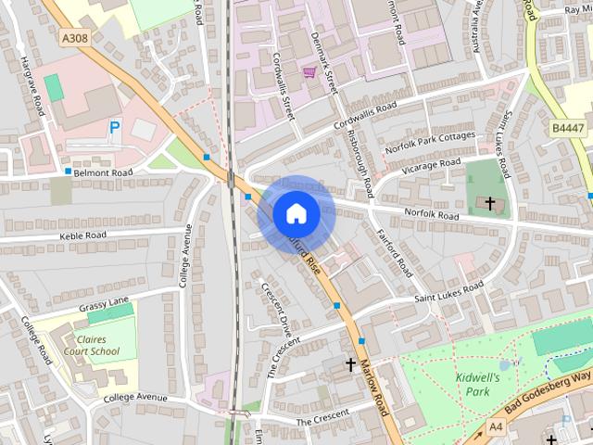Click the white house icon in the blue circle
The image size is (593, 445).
[x=296, y=213]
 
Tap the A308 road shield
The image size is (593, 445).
[x=78, y=37]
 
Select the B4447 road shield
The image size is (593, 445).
[x=568, y=128]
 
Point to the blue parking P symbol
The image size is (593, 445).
[x=115, y=127]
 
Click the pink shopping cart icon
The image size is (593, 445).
[x=309, y=71]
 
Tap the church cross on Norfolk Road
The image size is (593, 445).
[x=489, y=202]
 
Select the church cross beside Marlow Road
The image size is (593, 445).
[x=351, y=364]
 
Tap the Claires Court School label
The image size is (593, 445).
[x=92, y=345]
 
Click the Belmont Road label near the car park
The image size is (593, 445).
[x=104, y=172]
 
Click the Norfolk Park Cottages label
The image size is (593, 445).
[x=431, y=141]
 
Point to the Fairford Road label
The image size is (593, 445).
[x=396, y=254]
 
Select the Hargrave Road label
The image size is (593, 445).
[x=32, y=85]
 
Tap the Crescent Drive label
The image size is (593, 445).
[x=276, y=311]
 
